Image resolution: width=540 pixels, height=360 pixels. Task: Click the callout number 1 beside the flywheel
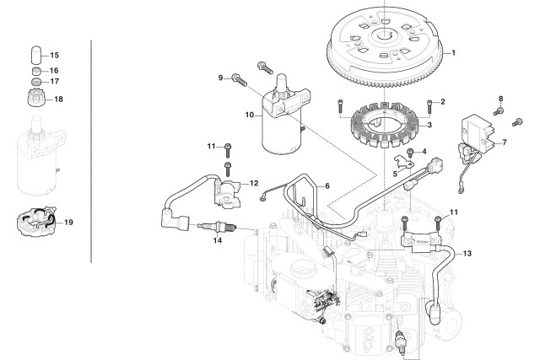[x=454, y=52]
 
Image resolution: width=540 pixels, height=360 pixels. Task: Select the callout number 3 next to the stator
[x=429, y=125]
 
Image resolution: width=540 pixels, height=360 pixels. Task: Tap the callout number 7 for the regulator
[x=505, y=142]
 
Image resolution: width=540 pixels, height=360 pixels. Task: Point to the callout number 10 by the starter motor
[x=250, y=115]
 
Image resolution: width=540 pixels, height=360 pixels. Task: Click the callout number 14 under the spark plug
[x=218, y=240]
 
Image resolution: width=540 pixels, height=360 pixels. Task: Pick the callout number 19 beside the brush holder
[x=69, y=222]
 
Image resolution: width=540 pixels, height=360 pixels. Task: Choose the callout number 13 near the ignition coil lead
[x=467, y=253]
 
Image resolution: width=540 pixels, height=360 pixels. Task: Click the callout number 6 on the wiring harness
[x=327, y=185]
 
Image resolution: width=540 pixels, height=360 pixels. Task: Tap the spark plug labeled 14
[x=218, y=227]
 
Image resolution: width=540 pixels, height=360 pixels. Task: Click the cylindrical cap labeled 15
[x=35, y=55]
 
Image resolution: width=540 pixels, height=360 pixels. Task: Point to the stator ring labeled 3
[x=385, y=126]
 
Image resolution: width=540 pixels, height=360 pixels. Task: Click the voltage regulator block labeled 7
[x=478, y=131]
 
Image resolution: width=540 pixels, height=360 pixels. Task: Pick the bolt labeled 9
[x=239, y=81]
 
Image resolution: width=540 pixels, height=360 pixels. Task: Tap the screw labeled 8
[x=499, y=110]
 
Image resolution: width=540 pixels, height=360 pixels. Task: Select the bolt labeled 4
[x=410, y=153]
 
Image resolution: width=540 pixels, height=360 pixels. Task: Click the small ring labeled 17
[x=35, y=82]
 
